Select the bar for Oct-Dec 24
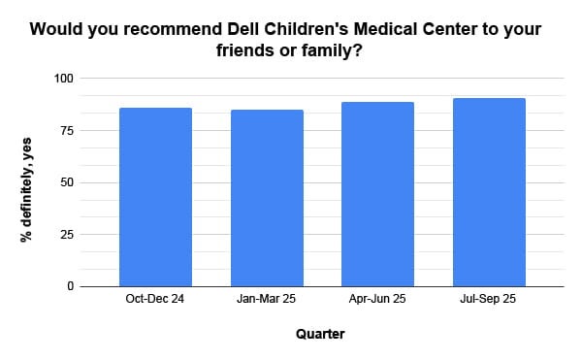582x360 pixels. (x=155, y=197)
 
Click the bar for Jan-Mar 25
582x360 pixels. (x=266, y=198)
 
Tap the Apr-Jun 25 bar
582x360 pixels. (x=377, y=194)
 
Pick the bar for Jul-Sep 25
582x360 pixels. (x=488, y=192)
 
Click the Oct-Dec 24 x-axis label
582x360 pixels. (x=155, y=299)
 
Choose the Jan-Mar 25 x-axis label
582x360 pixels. (x=266, y=299)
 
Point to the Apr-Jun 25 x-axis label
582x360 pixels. (x=377, y=299)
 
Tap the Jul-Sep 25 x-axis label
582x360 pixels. (x=488, y=299)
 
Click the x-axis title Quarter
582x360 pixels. (x=320, y=335)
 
